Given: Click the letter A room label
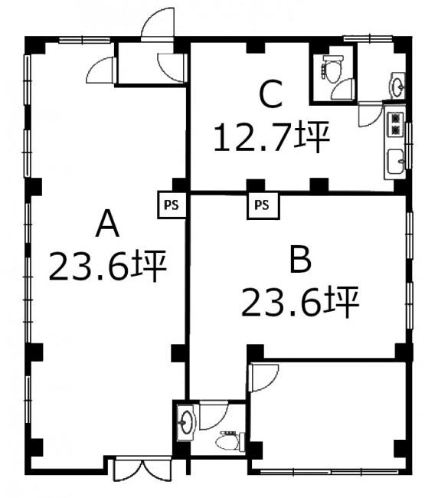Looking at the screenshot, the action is click(107, 223).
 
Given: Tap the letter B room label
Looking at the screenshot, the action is click(301, 260).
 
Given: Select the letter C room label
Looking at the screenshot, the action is click(271, 93).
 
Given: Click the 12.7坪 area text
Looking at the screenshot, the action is click(272, 137).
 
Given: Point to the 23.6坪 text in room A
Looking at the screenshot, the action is click(108, 266).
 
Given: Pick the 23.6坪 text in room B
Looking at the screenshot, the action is click(300, 301).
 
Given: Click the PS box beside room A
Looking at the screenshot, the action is click(172, 205).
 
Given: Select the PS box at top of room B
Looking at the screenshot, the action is click(263, 205).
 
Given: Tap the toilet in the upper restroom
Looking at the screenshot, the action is click(332, 68).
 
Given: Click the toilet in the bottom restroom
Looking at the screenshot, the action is click(230, 441).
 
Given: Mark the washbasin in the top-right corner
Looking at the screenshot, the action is click(397, 85).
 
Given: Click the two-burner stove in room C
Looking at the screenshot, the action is click(395, 124).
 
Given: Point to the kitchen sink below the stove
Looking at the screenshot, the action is click(396, 161).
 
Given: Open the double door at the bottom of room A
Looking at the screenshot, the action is click(142, 469).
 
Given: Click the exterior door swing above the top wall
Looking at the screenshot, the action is click(158, 25).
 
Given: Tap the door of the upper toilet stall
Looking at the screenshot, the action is click(343, 89).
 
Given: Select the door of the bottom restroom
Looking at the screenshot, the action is click(214, 415).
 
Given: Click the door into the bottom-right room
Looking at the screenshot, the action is click(263, 378).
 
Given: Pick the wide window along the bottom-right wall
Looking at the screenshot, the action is click(328, 472).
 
